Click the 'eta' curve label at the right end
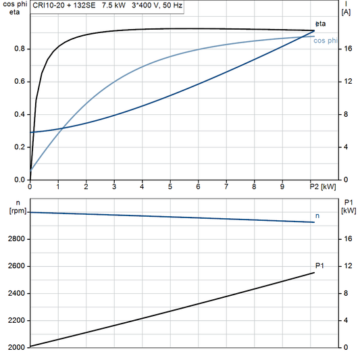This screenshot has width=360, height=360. pos(319,24)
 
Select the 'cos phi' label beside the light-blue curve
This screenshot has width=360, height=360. pos(328,41)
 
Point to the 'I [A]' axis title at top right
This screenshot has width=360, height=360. pos(346,8)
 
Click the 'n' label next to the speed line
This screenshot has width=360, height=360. pos(318,215)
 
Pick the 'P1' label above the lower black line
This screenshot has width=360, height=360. pos(319,265)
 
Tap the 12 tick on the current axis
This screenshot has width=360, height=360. pos(346,82)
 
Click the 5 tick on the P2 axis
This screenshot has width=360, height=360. pos(170,186)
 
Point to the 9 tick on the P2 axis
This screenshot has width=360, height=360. pos(282,186)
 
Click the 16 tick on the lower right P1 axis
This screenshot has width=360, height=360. pos(346,239)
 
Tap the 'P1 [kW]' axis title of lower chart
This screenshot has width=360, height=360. pos(348,207)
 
